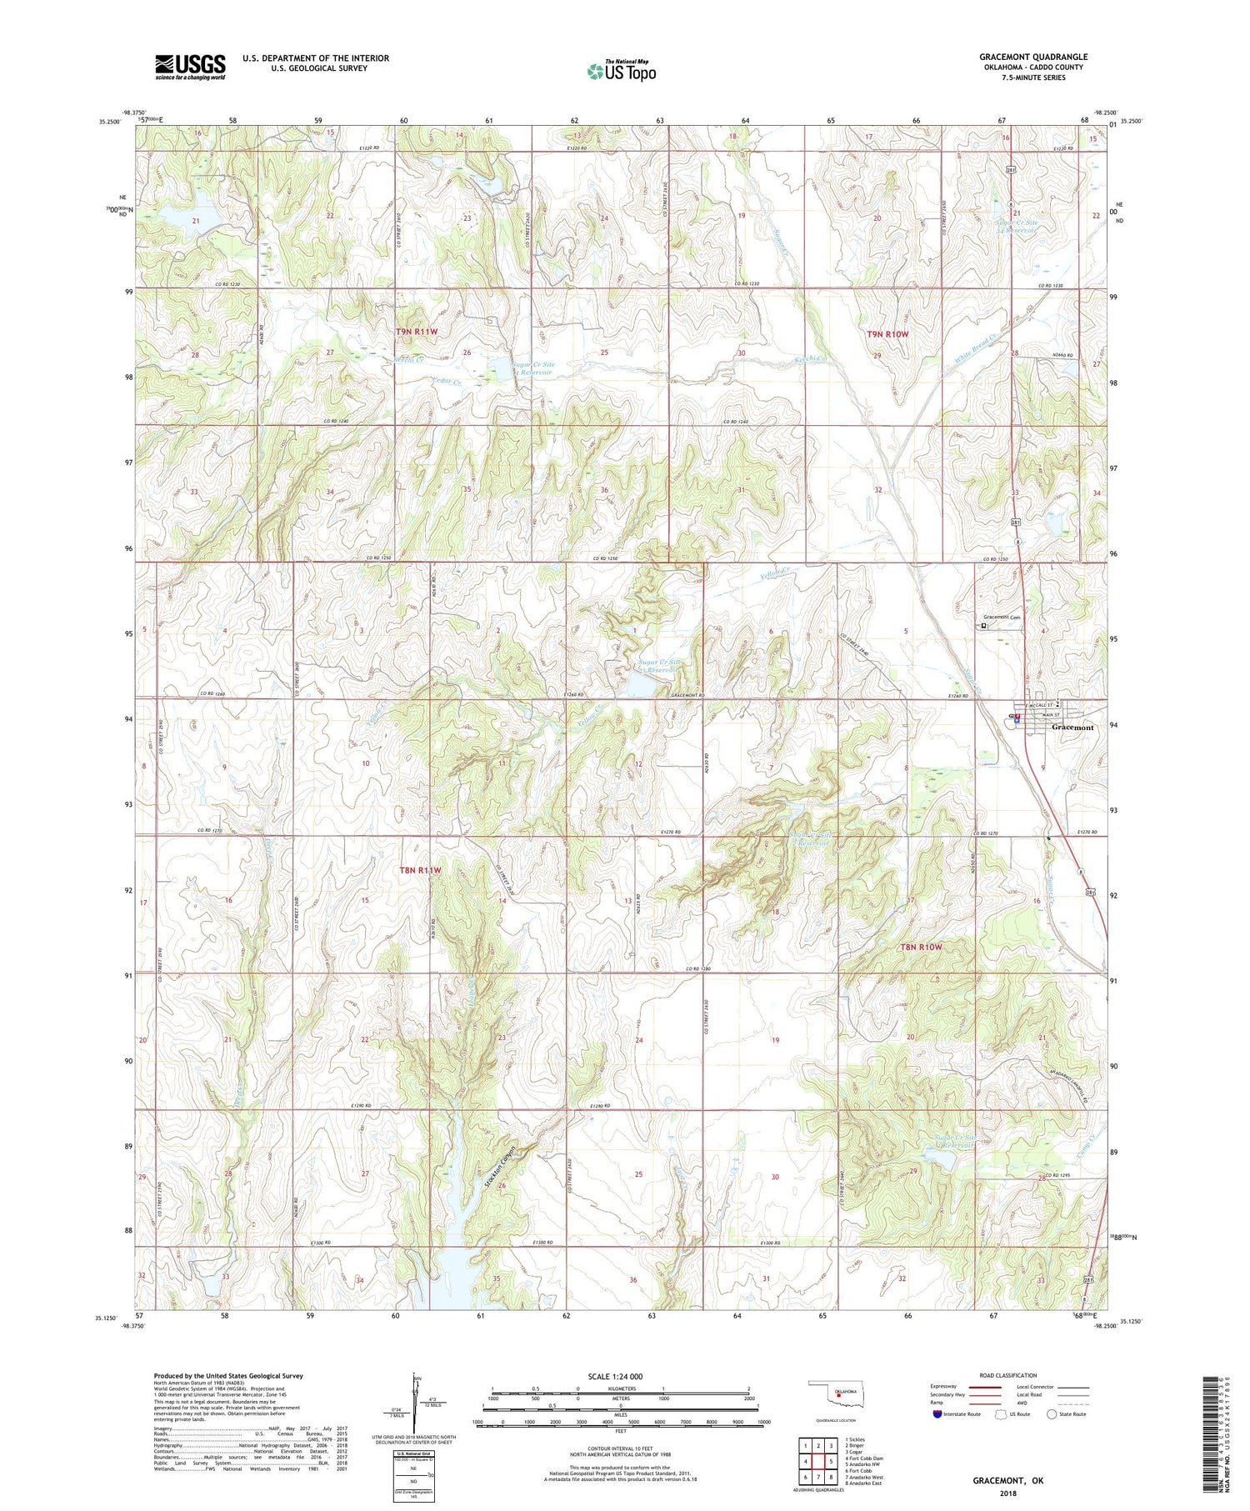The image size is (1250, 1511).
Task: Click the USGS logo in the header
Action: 190,67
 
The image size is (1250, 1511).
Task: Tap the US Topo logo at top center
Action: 621,71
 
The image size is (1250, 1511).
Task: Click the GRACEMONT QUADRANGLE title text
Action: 1032,57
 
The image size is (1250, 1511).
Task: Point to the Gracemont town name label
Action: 1072,727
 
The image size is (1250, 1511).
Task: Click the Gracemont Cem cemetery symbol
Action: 983,626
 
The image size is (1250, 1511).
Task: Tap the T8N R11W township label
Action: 419,870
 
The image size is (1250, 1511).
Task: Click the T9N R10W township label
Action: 887,334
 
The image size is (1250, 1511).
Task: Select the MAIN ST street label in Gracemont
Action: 1046,715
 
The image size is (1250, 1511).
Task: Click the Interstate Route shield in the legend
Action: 937,1414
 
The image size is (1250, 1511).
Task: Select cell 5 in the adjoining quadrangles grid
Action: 831,1462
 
